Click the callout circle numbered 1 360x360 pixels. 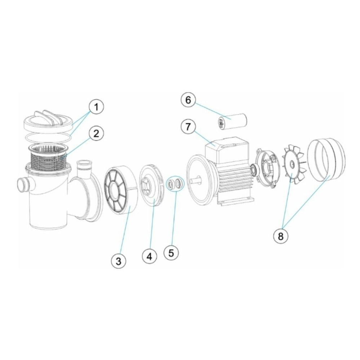[x=96, y=107]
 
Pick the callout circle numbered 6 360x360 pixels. [x=188, y=100]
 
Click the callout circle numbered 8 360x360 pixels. [x=280, y=236]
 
